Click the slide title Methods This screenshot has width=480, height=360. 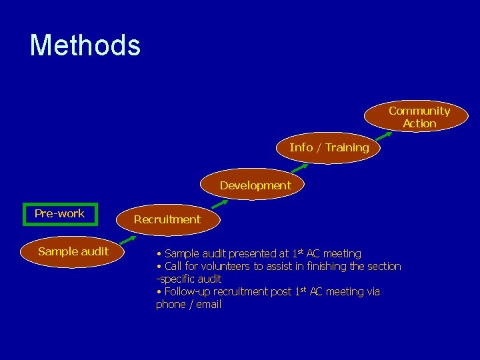tap(85, 45)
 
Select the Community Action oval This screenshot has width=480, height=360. tap(419, 117)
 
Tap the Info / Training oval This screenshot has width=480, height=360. tap(329, 147)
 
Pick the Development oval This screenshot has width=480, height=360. tap(255, 185)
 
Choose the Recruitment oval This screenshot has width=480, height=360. tap(167, 219)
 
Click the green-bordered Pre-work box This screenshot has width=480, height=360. tap(59, 214)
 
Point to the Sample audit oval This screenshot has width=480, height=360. tap(73, 252)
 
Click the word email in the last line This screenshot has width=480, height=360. tap(208, 305)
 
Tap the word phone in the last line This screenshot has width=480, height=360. tap(170, 305)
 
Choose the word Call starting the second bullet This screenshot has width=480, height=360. tap(174, 267)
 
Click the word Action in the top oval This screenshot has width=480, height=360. tap(419, 123)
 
